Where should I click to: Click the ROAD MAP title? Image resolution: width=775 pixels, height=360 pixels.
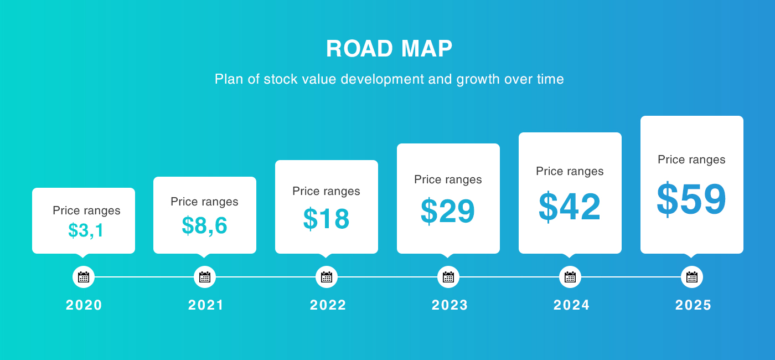click(389, 49)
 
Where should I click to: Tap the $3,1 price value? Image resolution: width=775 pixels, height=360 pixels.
click(85, 230)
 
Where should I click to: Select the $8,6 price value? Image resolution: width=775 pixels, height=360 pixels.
click(204, 225)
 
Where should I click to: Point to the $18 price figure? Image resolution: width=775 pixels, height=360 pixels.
click(326, 219)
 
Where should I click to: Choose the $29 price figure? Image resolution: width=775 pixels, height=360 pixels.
click(448, 211)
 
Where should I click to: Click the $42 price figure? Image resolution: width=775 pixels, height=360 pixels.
click(570, 207)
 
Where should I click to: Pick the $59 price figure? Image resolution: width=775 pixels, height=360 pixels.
click(691, 199)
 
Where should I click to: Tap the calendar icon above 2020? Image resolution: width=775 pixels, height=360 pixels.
click(84, 277)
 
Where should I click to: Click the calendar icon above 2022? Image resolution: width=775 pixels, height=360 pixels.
click(327, 277)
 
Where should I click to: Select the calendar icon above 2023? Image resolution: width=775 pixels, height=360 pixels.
click(448, 277)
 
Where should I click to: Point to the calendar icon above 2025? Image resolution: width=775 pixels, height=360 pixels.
click(692, 277)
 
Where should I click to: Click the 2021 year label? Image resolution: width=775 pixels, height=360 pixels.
click(206, 305)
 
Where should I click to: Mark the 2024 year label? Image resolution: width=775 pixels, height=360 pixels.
click(571, 305)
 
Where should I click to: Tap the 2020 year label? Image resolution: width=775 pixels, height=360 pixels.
click(84, 305)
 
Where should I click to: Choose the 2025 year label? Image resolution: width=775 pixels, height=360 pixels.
click(693, 305)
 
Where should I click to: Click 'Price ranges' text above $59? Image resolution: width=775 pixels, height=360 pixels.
click(691, 160)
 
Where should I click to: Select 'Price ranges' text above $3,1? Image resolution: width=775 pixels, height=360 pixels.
click(86, 211)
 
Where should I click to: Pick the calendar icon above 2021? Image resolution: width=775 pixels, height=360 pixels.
click(205, 277)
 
